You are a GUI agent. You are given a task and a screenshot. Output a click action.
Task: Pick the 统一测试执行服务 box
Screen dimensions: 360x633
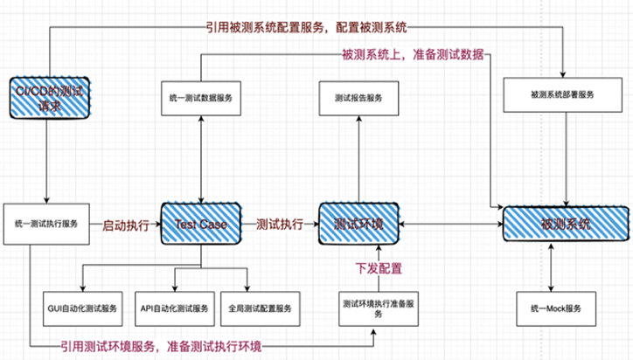(48, 224)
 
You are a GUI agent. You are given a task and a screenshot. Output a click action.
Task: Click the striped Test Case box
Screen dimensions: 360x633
(202, 225)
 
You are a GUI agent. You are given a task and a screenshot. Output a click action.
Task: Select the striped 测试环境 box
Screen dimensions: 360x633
(357, 225)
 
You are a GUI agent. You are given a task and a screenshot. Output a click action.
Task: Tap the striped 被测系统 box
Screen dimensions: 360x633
(566, 225)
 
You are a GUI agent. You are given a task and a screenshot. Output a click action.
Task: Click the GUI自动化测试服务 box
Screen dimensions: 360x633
(83, 308)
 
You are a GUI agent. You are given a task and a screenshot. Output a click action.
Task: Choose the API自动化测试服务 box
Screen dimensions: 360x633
(175, 308)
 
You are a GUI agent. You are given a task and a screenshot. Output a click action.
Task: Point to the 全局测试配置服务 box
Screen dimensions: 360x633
(260, 308)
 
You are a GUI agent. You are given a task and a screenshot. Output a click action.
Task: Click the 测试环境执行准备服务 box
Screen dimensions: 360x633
(379, 308)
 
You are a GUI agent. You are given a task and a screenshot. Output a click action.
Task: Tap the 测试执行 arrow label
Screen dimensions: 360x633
(280, 225)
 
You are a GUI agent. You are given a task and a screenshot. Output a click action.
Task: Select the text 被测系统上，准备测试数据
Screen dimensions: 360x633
(411, 56)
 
